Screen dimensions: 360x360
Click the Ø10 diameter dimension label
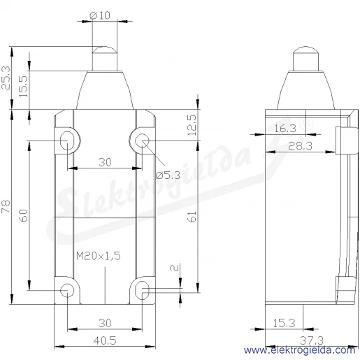pyautogui.click(x=100, y=15)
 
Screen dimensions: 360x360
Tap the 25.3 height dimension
pyautogui.click(x=6, y=78)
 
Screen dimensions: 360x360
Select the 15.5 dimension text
pyautogui.click(x=23, y=87)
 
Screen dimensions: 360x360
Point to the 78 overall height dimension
pyautogui.click(x=6, y=206)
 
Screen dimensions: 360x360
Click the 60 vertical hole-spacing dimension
pyautogui.click(x=23, y=215)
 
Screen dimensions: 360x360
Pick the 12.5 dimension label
pyautogui.click(x=192, y=125)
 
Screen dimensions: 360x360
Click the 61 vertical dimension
pyautogui.click(x=192, y=217)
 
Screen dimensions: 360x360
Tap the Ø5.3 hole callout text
pyautogui.click(x=168, y=175)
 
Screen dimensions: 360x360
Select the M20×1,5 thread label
pyautogui.click(x=99, y=256)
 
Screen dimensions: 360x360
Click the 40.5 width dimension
pyautogui.click(x=105, y=340)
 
